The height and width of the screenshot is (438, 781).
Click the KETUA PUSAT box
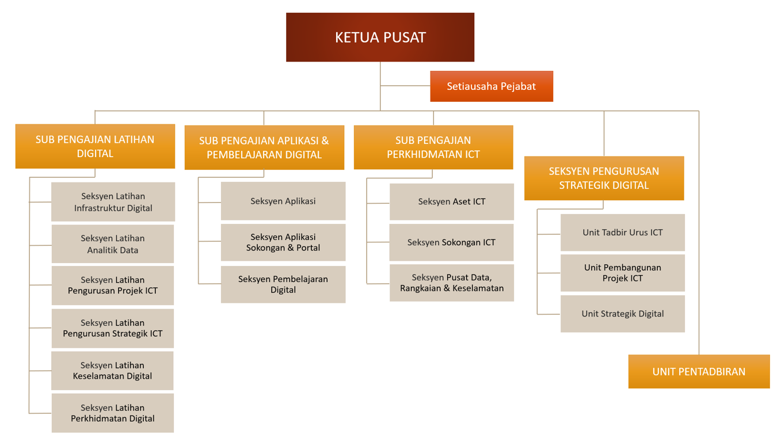380,37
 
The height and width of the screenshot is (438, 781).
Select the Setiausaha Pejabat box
492,86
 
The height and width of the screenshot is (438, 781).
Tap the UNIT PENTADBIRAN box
699,371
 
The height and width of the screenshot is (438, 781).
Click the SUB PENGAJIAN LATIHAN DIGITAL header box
95,146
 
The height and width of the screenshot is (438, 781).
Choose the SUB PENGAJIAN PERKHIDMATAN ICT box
433,147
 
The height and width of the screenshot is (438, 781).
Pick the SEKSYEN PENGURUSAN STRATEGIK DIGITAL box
604,178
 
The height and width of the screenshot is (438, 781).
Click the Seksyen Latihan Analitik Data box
113,244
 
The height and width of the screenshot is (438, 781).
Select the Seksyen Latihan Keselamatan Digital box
112,370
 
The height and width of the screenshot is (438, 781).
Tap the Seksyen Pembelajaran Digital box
283,284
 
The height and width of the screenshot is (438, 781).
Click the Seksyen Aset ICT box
452,201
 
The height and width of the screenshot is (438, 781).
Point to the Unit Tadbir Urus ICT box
623,233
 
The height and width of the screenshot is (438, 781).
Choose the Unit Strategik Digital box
623,314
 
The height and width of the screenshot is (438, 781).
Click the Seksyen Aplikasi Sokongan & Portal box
283,242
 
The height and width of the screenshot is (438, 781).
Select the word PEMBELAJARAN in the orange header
245,155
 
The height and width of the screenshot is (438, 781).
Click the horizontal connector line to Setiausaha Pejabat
405,85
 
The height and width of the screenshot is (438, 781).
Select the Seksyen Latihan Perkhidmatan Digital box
113,413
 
